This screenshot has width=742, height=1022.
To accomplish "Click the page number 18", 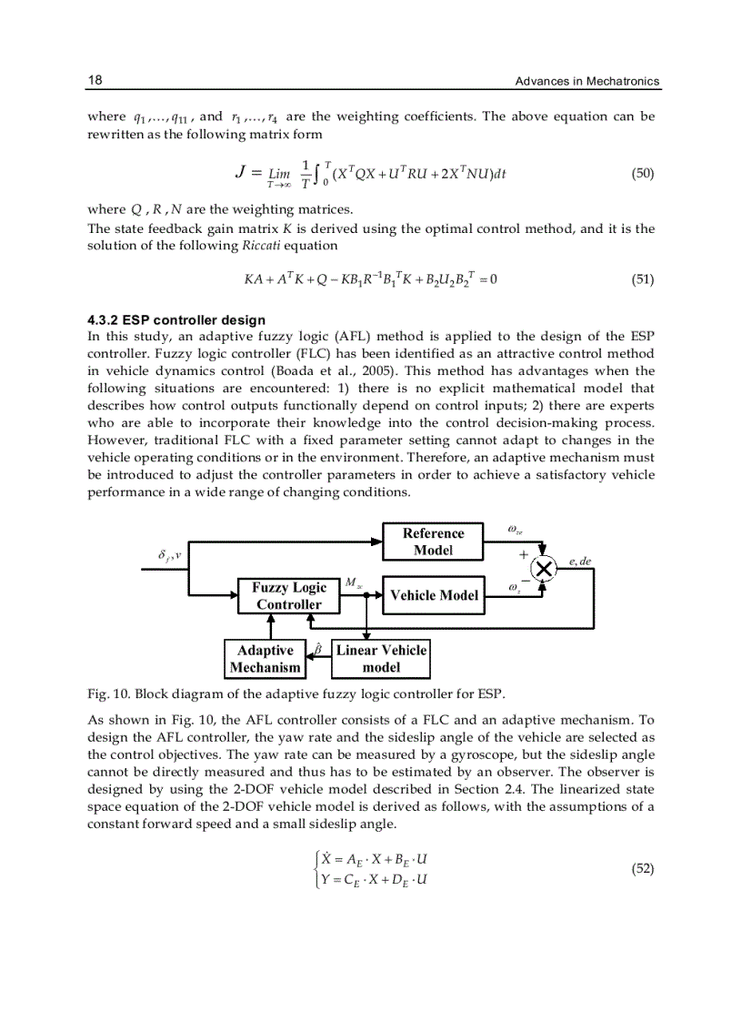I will (x=95, y=80).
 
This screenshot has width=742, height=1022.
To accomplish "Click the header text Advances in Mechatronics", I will (x=587, y=82).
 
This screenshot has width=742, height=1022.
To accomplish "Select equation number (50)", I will (x=642, y=172).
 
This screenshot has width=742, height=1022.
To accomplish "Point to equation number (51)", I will (x=642, y=279).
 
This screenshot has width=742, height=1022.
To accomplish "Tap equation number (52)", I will (x=642, y=868).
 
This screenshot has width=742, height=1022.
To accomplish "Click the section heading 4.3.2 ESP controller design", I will (x=176, y=319).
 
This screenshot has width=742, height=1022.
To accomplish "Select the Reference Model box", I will (x=433, y=541).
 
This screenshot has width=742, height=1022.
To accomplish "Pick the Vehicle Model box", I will (x=434, y=595).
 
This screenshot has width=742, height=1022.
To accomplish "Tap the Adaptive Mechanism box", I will (x=265, y=659).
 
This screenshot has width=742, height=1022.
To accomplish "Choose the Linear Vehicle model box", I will (x=381, y=659).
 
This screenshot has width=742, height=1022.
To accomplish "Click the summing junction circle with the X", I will (x=545, y=569).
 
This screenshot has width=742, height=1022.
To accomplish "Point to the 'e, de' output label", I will (x=580, y=562).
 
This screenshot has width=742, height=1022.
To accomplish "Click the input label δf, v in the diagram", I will (x=168, y=554).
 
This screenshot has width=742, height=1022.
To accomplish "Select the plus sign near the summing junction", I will (x=523, y=552).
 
